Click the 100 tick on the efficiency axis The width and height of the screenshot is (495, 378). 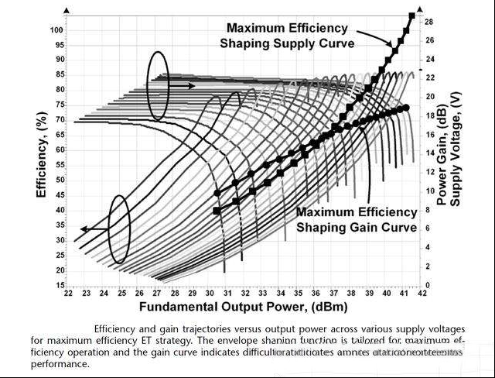55,30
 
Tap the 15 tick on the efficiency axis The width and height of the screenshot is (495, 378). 57,285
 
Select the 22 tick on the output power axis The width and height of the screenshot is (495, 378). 68,294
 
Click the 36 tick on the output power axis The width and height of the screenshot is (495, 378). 316,294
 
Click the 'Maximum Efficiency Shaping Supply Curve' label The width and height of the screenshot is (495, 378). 287,36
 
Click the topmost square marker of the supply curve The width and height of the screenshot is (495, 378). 411,15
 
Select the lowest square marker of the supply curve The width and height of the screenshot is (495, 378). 217,211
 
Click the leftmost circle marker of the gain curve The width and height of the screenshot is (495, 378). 217,193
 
